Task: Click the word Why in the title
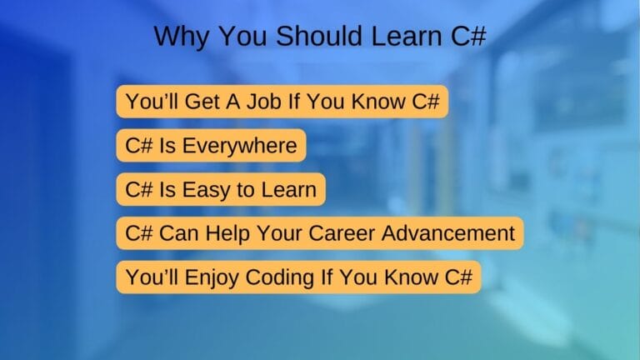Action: coord(181,37)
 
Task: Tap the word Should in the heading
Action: coord(320,36)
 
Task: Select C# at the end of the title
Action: coord(468,36)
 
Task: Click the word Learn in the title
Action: coord(407,36)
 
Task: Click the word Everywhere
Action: coord(240,146)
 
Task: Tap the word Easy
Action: coord(206,190)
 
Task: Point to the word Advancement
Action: coord(448,233)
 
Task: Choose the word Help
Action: coord(227,234)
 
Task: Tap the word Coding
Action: coord(280,277)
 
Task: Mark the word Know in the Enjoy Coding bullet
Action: coord(411,277)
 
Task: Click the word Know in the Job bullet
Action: coord(378,101)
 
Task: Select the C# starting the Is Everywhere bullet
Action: coord(139,145)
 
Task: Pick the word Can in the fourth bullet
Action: coord(179,233)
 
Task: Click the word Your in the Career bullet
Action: coord(280,233)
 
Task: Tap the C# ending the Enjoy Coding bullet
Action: coord(458,277)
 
